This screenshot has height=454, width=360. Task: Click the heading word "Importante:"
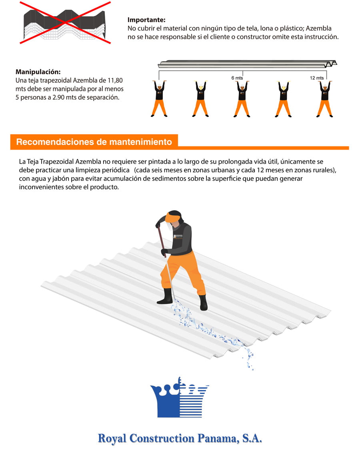click(x=146, y=20)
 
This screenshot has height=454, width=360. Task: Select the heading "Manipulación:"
click(x=38, y=72)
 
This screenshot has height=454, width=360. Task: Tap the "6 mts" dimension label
click(x=237, y=78)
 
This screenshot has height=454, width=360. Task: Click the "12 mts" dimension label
click(x=316, y=78)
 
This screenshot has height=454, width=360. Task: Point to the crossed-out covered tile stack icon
click(x=64, y=23)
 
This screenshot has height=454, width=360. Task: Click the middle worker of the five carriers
click(x=242, y=99)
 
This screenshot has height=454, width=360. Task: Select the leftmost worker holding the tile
click(x=159, y=99)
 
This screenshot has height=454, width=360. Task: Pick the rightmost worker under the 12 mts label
click(x=325, y=99)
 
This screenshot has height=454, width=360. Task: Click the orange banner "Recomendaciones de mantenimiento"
click(x=94, y=142)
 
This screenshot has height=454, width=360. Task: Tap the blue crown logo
click(x=179, y=397)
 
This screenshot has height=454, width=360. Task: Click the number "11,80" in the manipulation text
click(x=115, y=80)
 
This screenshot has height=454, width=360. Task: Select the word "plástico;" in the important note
click(x=292, y=28)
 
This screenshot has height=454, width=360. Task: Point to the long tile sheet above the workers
click(x=248, y=64)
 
